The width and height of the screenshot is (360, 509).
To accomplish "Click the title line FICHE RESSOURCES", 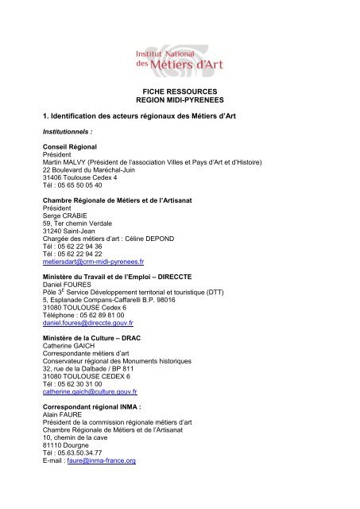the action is (x=180, y=93).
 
